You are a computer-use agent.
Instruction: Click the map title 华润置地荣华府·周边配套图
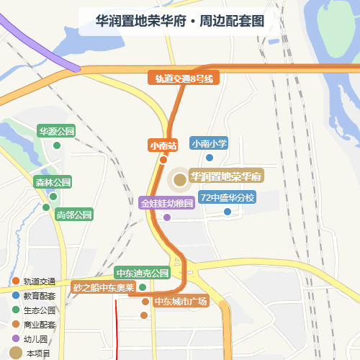tap(180, 22)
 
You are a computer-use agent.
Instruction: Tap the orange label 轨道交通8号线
tap(184, 78)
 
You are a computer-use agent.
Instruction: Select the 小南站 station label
tap(163, 145)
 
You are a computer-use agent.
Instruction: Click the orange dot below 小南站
tap(163, 160)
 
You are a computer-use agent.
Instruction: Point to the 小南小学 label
tap(210, 143)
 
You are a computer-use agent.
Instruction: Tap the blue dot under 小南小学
tap(210, 158)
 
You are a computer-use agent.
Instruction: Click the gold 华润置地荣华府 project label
tap(225, 176)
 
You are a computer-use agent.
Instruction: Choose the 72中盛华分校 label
tap(228, 197)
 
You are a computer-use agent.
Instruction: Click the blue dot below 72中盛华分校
tap(228, 212)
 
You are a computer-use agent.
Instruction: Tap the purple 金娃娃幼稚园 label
tap(167, 203)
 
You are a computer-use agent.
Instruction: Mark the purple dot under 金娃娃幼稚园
tap(167, 217)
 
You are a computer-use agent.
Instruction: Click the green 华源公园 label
tap(57, 131)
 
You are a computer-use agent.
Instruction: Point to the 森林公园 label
tap(53, 182)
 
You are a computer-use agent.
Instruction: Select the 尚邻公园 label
tap(74, 215)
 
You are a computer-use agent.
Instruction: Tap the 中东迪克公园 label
tap(143, 274)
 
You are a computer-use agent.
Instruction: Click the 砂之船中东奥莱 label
tap(104, 287)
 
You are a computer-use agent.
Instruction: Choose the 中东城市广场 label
tap(181, 301)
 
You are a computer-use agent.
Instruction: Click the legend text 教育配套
tap(39, 295)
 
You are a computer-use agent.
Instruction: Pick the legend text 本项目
tap(38, 352)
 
